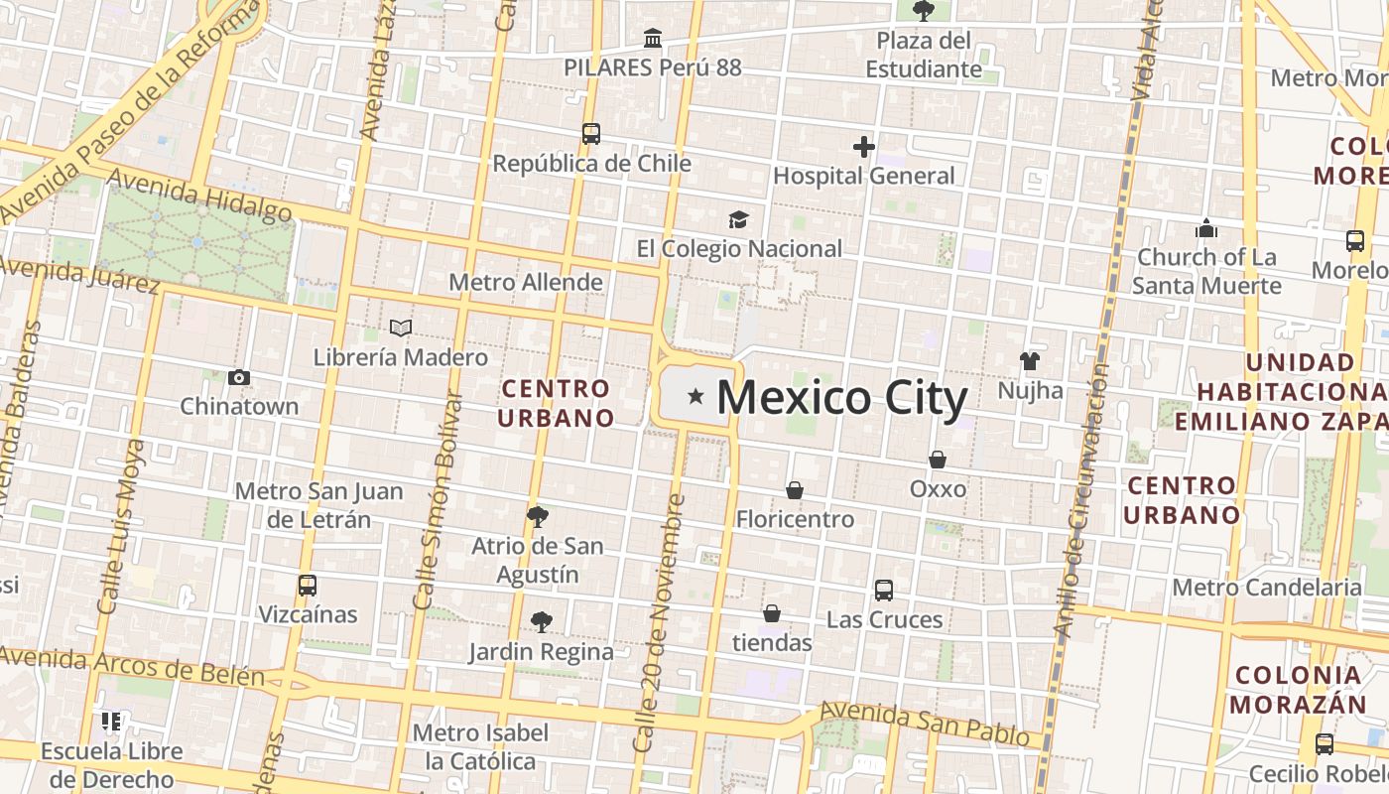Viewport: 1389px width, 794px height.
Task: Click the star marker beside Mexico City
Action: pos(696,397)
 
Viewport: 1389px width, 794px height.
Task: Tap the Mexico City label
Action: pos(841,398)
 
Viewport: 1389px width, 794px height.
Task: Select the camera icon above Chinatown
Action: pos(238,377)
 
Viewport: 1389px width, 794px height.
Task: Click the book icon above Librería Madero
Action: pos(401,328)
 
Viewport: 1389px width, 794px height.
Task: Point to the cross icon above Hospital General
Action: pos(863,147)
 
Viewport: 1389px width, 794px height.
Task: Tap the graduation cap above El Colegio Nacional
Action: pos(738,219)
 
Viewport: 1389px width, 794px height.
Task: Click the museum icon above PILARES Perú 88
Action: pos(653,39)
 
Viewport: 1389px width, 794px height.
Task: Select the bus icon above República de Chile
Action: pos(591,134)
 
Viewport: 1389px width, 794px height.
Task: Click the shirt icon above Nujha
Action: pos(1030,361)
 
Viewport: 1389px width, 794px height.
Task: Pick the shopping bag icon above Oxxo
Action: pos(938,460)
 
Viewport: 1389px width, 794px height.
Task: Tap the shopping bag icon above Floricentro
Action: pos(795,490)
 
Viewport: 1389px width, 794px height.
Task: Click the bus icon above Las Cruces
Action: pos(884,591)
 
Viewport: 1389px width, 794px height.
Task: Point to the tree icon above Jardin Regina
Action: pos(541,622)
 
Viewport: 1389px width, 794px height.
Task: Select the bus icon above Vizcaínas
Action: pos(308,586)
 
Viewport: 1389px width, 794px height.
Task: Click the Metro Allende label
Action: pos(526,282)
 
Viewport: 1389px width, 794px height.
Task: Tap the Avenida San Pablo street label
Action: pos(925,723)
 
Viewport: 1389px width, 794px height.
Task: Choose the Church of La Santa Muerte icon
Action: pos(1206,228)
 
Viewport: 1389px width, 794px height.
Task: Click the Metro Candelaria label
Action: pos(1267,587)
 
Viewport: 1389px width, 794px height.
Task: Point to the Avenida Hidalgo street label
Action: pos(199,196)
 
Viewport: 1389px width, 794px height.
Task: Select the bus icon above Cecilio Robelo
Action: pos(1324,744)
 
